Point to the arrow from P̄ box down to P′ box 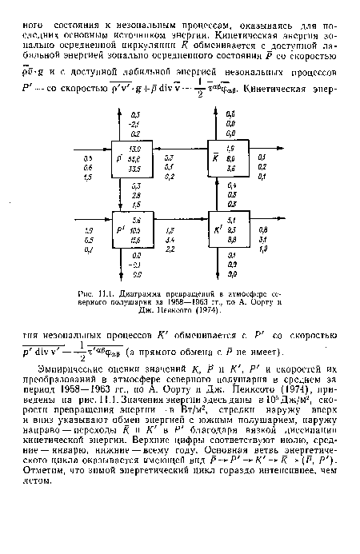[x=120, y=194]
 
